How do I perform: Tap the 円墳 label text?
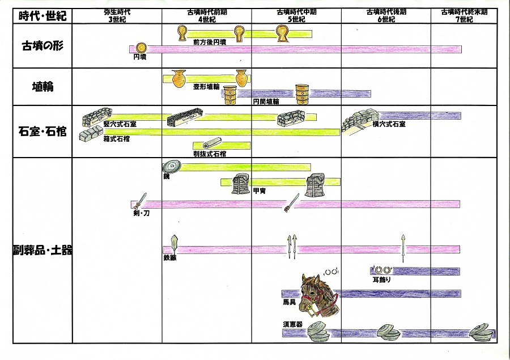(139, 57)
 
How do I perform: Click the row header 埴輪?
(42, 87)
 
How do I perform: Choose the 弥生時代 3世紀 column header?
(117, 15)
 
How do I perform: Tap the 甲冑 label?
(260, 190)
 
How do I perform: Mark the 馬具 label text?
(289, 303)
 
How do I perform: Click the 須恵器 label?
(292, 325)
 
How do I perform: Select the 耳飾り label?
(382, 279)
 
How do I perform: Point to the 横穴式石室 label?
(388, 124)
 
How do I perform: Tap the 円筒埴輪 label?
(265, 101)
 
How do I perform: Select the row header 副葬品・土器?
(42, 249)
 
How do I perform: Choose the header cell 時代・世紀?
(42, 15)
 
